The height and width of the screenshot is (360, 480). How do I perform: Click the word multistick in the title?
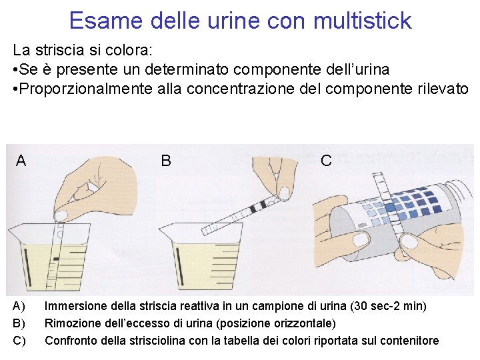363,20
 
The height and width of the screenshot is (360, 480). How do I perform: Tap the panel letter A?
21,161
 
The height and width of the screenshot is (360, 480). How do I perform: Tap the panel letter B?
166,161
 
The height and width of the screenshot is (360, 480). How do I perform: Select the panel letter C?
326,161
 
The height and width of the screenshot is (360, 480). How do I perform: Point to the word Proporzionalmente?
86,89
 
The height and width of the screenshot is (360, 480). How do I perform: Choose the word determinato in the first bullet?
187,69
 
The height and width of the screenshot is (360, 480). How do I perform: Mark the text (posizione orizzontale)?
276,323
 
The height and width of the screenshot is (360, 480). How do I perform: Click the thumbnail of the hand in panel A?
63,214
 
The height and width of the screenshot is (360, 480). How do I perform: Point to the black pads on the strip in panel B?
257,207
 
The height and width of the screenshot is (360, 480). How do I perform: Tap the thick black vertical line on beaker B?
179,267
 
